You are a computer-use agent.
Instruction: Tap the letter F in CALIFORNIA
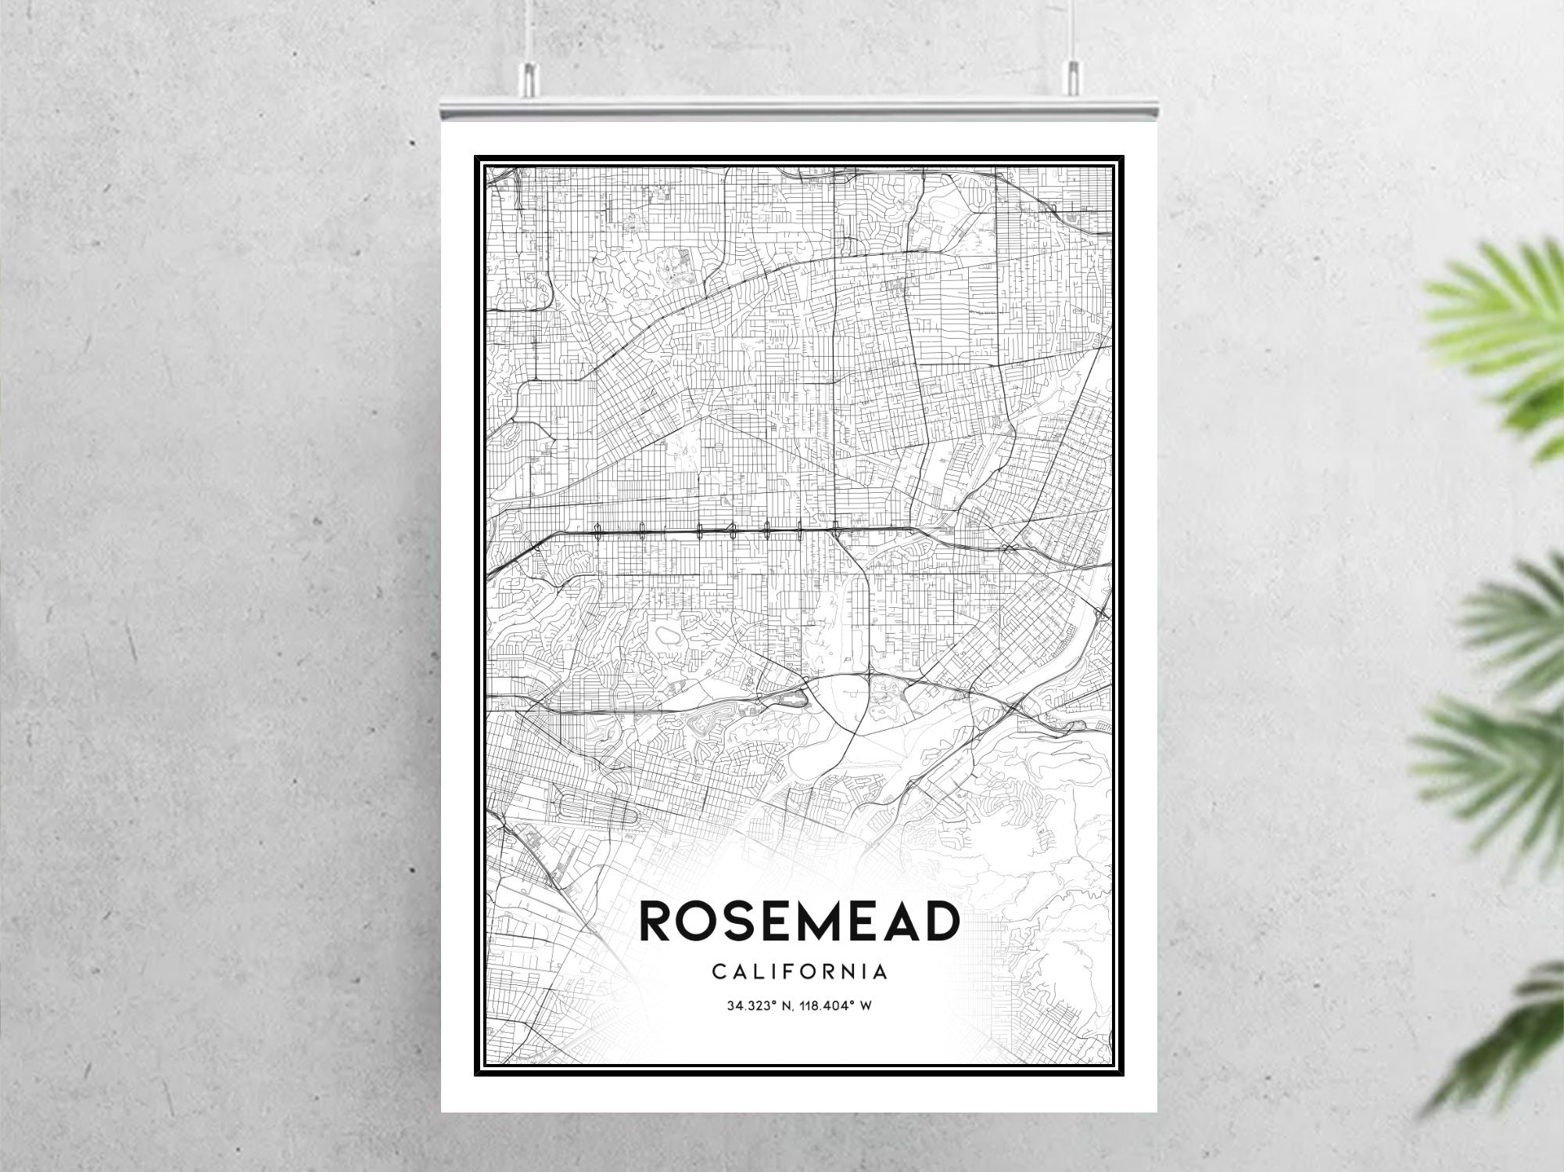(x=787, y=972)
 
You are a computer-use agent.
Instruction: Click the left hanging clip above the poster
(x=530, y=77)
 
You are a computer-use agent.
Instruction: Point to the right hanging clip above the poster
(x=1071, y=77)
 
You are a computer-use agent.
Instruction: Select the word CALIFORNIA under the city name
(x=800, y=972)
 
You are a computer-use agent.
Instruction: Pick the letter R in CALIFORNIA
(x=830, y=972)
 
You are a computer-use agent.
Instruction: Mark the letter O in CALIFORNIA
(x=808, y=972)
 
